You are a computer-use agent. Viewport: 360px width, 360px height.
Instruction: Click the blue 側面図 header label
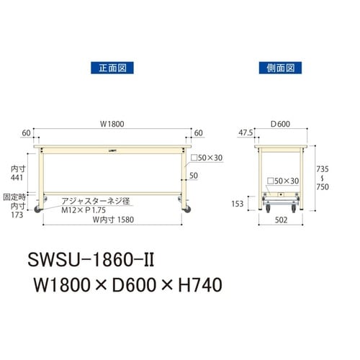(x=279, y=69)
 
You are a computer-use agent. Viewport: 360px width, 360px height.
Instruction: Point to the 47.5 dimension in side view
(x=245, y=132)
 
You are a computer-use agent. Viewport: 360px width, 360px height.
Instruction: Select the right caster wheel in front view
(x=189, y=209)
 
